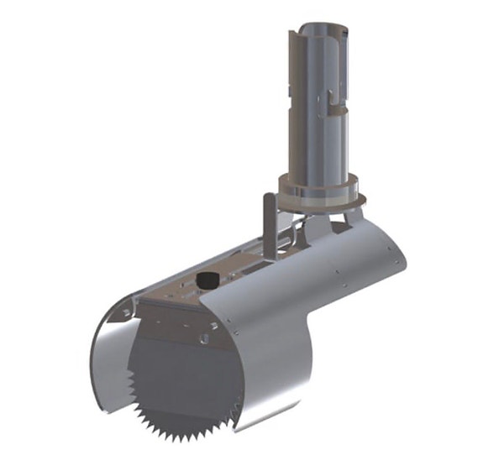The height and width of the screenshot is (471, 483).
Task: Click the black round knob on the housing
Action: [205, 279]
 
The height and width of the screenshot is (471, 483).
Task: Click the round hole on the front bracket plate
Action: [204, 340]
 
